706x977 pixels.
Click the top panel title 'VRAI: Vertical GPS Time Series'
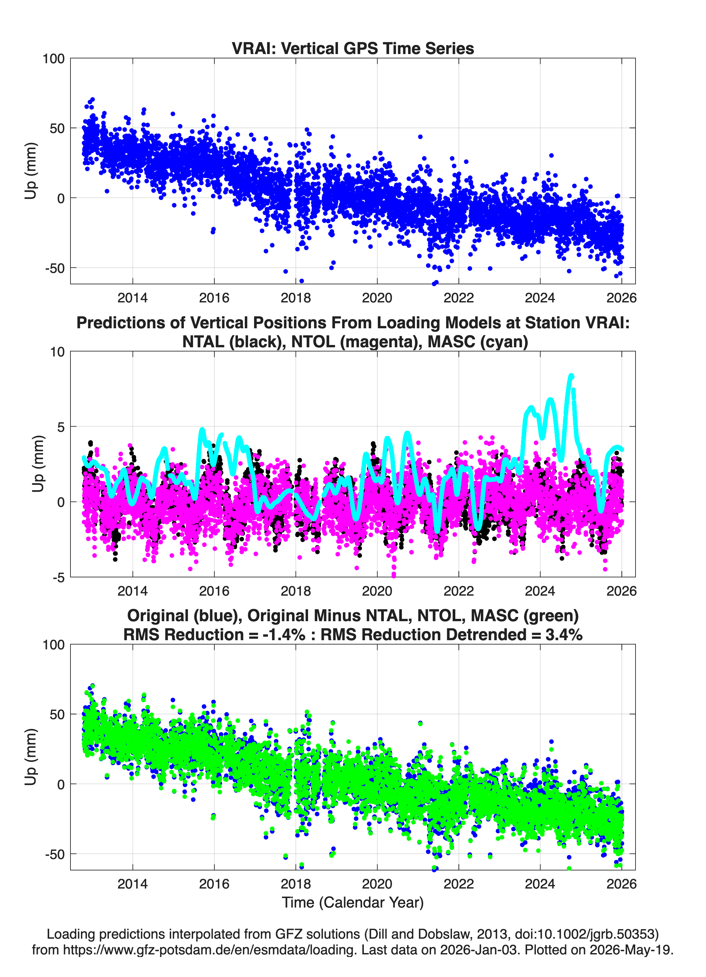click(353, 48)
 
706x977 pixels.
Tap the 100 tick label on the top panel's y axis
click(53, 59)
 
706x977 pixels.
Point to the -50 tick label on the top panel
click(55, 268)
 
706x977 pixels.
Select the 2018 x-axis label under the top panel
click(296, 298)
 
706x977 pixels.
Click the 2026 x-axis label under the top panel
click(621, 298)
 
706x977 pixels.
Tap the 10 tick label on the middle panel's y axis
click(58, 352)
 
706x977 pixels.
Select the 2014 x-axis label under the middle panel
click(133, 591)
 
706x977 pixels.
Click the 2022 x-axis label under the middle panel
click(459, 591)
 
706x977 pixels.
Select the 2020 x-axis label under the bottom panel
click(377, 884)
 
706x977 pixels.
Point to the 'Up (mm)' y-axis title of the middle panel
click(38, 464)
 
